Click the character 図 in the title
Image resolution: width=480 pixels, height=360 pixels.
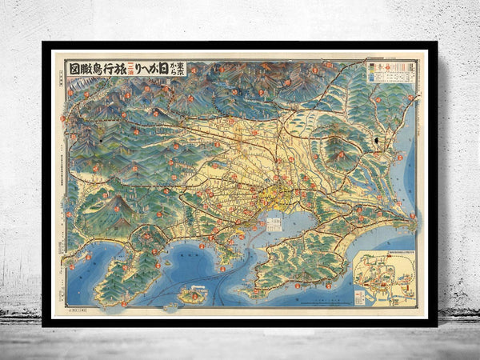tap(75, 68)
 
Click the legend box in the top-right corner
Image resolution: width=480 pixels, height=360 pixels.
tap(390, 72)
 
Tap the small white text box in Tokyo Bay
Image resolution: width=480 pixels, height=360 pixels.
tap(274, 222)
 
